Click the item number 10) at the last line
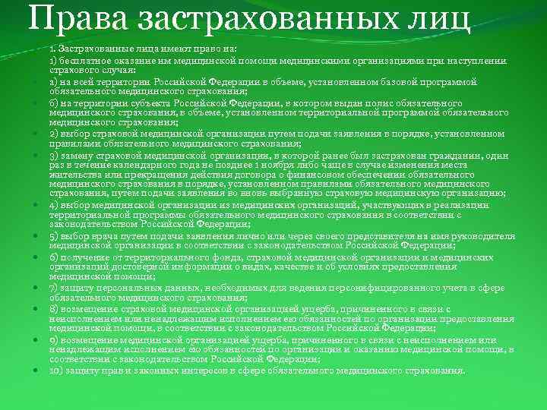pos(58,370)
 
